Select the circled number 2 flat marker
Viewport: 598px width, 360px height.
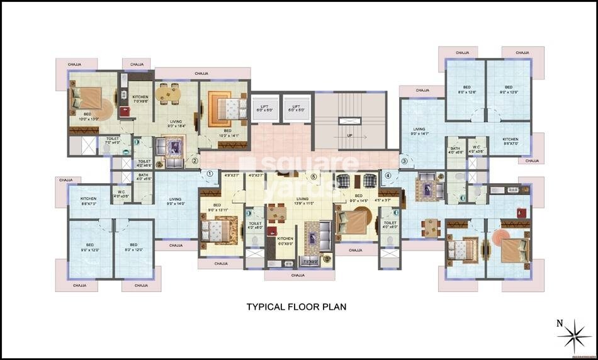[x=195, y=160]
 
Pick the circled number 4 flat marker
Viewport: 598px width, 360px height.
[x=388, y=175]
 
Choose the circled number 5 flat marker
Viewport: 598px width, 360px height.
[x=313, y=177]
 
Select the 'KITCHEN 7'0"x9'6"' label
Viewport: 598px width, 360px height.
[x=140, y=99]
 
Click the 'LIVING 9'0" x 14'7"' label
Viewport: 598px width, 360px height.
[x=420, y=131]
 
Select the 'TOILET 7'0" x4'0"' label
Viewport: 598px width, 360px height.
[x=113, y=140]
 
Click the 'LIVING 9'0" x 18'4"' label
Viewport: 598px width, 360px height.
[x=176, y=124]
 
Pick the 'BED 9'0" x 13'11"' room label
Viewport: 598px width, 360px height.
[x=217, y=208]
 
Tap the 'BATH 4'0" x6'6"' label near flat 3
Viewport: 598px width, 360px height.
[x=455, y=150]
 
